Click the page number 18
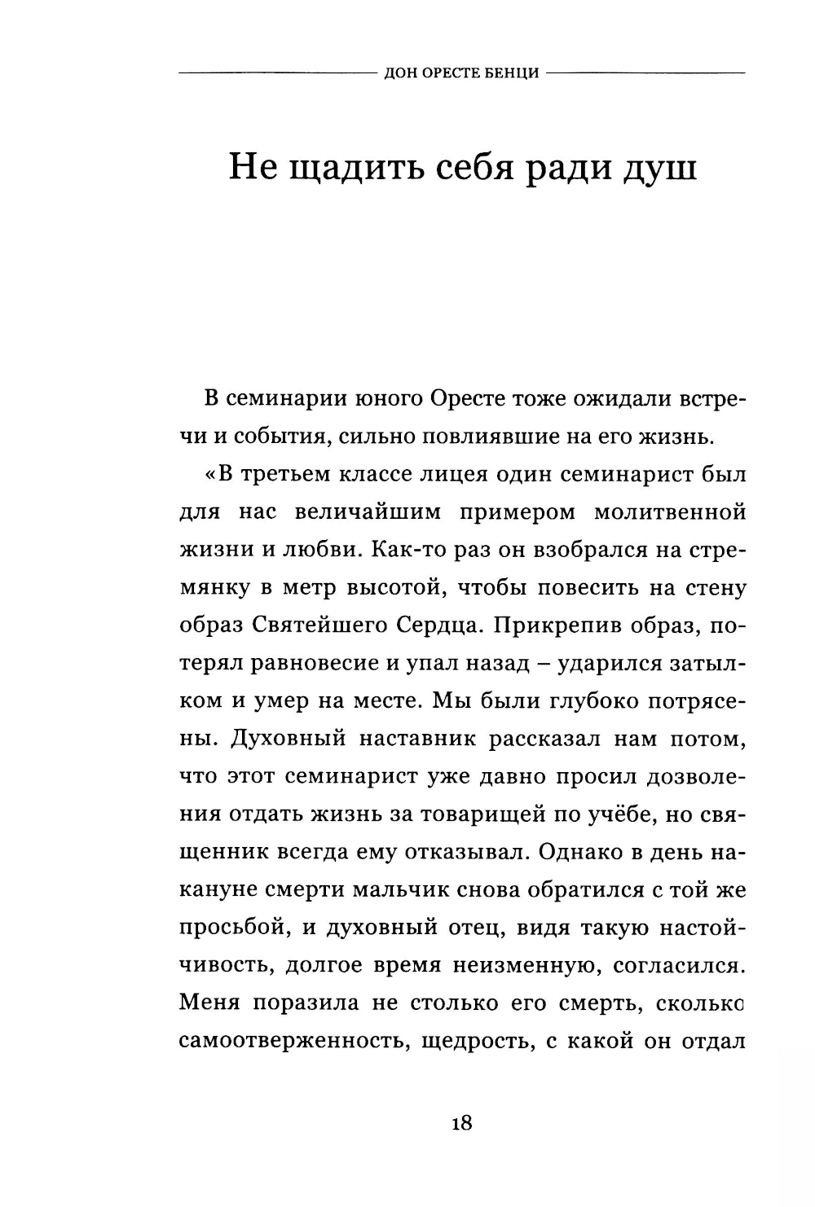[460, 1123]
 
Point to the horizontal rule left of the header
[277, 73]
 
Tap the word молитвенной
[670, 513]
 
